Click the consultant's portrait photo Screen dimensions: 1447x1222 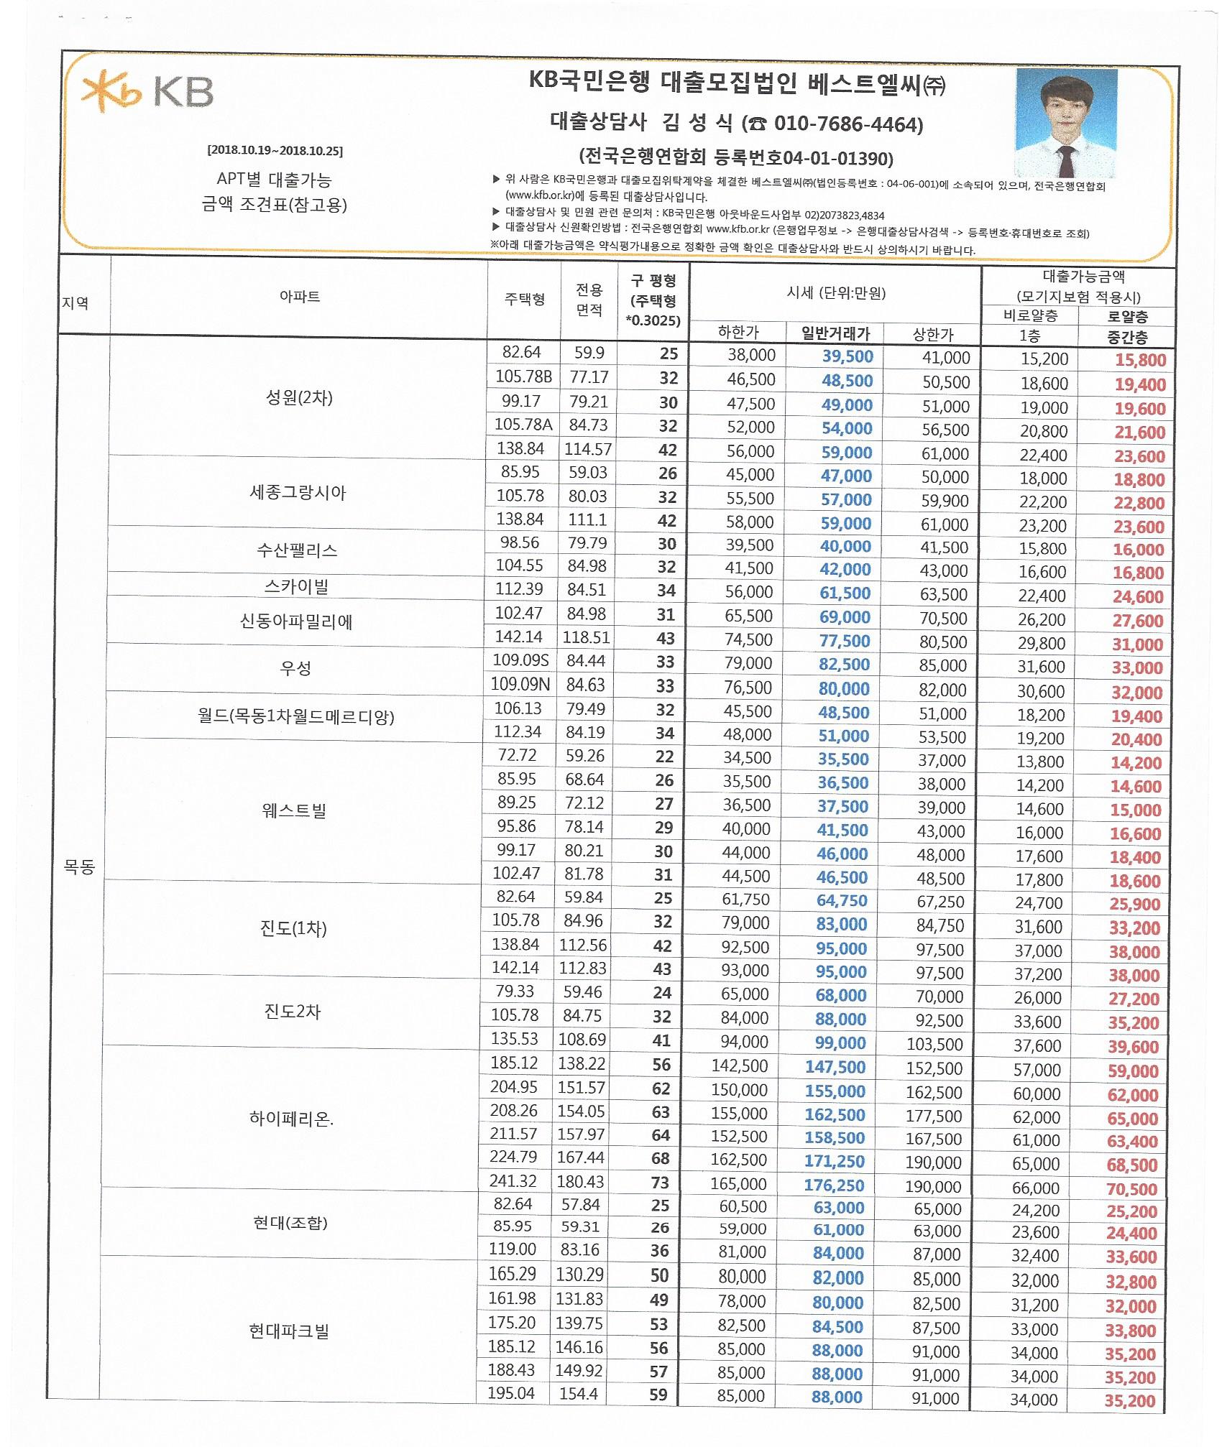click(x=1065, y=123)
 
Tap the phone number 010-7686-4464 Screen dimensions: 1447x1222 click(x=847, y=125)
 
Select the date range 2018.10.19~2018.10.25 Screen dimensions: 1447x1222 click(x=275, y=151)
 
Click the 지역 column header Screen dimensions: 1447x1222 click(x=75, y=303)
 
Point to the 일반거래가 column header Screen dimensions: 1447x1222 click(x=835, y=333)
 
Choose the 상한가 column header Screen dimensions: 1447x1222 click(x=933, y=334)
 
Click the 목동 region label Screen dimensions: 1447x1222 click(x=79, y=866)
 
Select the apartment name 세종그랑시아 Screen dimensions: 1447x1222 click(x=298, y=493)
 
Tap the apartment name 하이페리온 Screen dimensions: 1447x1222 click(x=291, y=1119)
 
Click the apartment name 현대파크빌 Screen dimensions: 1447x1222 click(x=289, y=1331)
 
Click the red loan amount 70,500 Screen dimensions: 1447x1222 click(x=1131, y=1189)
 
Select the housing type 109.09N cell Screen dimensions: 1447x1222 click(x=520, y=684)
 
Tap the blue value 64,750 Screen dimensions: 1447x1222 click(x=841, y=900)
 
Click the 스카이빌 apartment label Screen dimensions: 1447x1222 click(x=296, y=587)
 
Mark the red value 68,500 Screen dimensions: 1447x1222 click(x=1132, y=1165)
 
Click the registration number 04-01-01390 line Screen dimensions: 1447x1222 click(x=736, y=157)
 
